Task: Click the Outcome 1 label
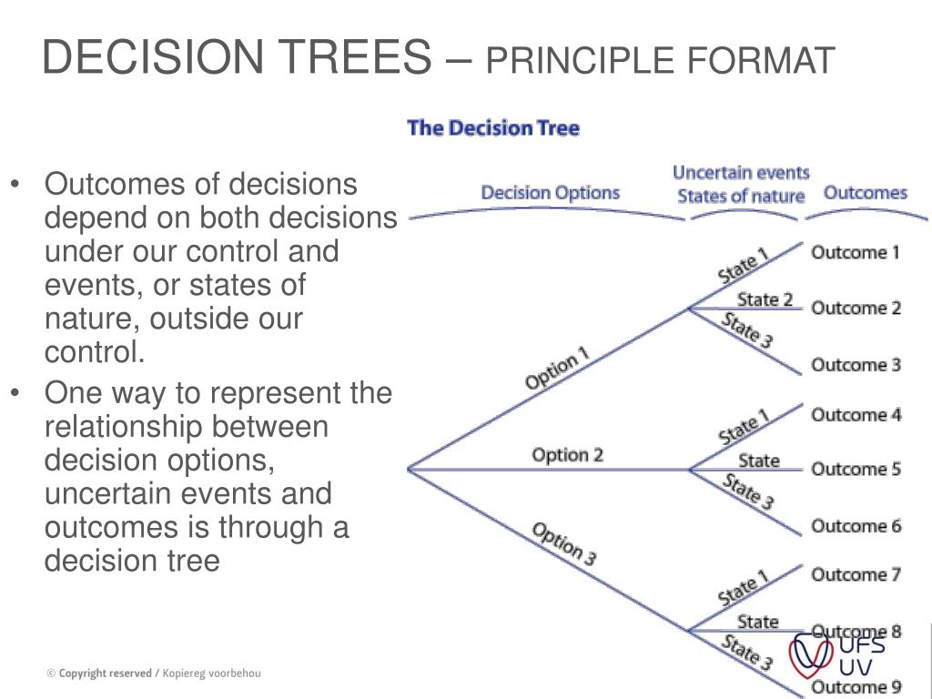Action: click(855, 252)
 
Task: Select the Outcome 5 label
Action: click(856, 470)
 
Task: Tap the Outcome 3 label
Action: click(856, 365)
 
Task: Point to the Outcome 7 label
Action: click(856, 574)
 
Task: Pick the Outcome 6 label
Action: click(856, 526)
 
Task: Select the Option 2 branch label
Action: click(567, 454)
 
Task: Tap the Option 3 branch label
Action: click(563, 543)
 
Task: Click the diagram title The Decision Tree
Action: click(492, 127)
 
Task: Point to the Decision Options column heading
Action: click(550, 193)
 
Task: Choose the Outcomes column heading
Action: click(865, 193)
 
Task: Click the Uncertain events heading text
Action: click(741, 172)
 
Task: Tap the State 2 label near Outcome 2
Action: click(765, 299)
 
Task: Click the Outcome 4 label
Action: click(856, 415)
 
